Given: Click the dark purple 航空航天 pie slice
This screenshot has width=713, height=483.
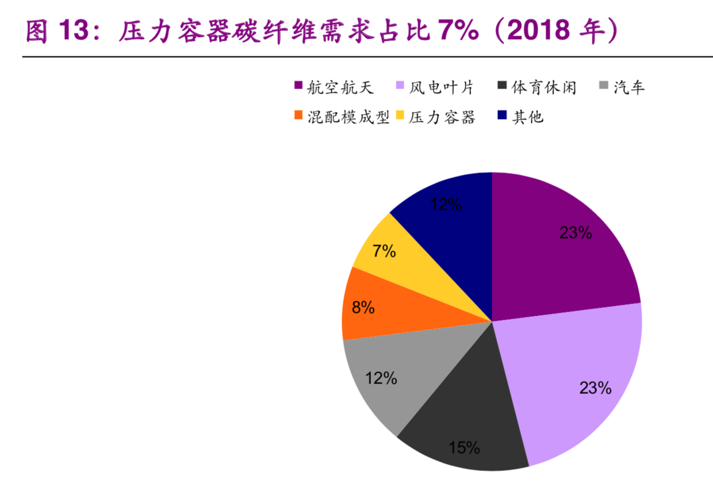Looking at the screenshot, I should (552, 253).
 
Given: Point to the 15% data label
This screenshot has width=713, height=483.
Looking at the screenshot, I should (464, 448).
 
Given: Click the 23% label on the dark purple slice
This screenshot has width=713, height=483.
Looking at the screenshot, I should (576, 232).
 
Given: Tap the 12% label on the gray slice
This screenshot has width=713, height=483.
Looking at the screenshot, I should (381, 378).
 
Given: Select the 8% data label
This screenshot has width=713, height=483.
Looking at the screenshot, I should (363, 308).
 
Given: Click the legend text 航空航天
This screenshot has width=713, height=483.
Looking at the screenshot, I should (340, 87).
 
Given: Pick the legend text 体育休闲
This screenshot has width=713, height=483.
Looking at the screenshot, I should (543, 87).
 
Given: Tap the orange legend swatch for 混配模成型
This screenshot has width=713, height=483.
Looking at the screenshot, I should (298, 117).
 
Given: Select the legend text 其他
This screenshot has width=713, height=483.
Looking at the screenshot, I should (528, 117).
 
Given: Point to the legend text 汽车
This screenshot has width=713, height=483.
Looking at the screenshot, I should (629, 87).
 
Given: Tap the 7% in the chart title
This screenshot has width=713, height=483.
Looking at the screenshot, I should (457, 32).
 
